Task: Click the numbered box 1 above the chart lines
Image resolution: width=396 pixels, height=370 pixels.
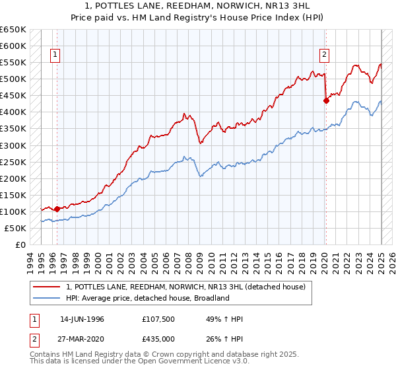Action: [x=55, y=55]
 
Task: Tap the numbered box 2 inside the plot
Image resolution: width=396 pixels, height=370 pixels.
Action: [x=325, y=55]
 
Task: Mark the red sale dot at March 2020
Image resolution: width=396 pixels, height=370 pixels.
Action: [x=326, y=100]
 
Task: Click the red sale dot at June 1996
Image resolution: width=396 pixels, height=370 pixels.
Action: [x=57, y=209]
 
